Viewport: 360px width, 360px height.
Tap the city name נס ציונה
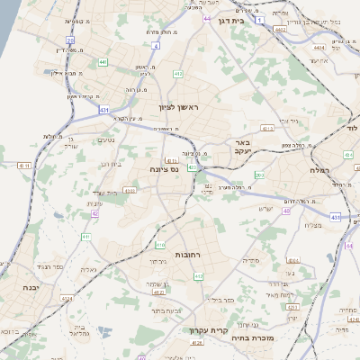(x=165, y=168)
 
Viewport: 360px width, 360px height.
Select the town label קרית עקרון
(x=203, y=330)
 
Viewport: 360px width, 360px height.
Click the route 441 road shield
(x=104, y=61)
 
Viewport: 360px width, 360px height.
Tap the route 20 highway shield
(x=70, y=40)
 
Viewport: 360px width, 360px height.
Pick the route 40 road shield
(x=286, y=211)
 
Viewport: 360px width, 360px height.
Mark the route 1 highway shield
(x=259, y=18)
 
